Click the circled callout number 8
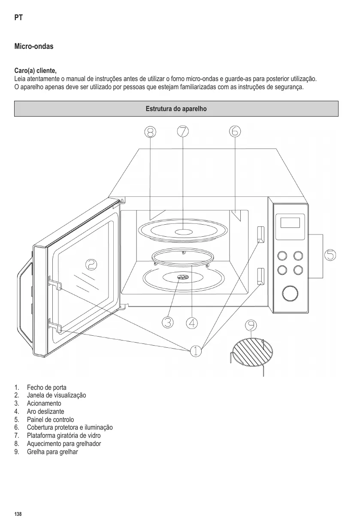(x=150, y=132)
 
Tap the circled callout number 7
(x=183, y=131)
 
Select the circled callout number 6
(x=235, y=131)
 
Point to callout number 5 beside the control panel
(x=330, y=255)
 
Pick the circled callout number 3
(x=168, y=323)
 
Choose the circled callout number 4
(x=192, y=323)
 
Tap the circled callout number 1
(x=195, y=351)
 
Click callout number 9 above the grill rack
(x=251, y=326)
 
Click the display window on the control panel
(x=290, y=223)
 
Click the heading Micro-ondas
(x=34, y=46)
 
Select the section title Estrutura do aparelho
(x=176, y=109)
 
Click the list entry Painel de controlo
(x=50, y=420)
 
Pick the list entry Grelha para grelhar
(x=52, y=452)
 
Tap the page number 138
(x=18, y=514)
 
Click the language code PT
(x=18, y=18)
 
